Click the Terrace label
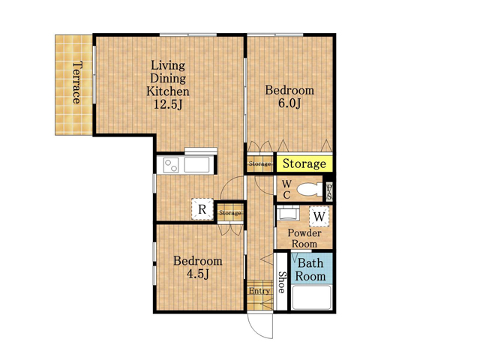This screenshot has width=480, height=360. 77,82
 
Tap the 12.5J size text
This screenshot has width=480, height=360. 168,105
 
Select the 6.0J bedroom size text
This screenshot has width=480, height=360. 289,103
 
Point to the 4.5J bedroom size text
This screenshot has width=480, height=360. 198,274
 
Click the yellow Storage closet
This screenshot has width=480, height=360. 304,163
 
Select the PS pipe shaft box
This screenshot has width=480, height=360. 329,192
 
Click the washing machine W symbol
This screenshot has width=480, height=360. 319,217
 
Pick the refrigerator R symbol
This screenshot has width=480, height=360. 202,209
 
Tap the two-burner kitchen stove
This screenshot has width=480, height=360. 170,165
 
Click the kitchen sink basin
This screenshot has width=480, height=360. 196,165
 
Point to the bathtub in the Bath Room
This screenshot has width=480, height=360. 312,298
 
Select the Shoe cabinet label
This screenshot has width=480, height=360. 281,282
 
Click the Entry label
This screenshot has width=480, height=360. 259,291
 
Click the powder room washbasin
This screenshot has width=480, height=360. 287,213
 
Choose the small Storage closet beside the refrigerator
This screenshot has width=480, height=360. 230,212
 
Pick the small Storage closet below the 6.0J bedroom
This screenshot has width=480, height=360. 260,163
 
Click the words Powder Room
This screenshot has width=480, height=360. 304,238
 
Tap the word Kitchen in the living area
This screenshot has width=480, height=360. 168,91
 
